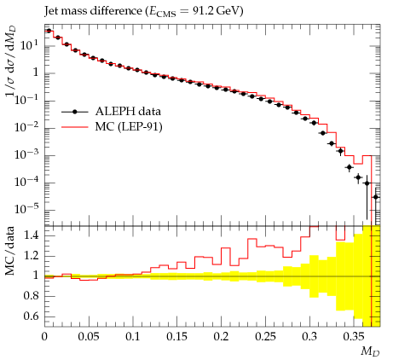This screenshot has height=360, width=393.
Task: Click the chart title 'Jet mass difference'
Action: [93, 11]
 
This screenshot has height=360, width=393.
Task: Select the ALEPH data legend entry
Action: [111, 112]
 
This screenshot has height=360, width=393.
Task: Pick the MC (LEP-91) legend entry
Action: [112, 126]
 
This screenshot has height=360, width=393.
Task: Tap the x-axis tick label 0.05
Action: [89, 337]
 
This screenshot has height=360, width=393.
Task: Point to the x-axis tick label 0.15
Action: [177, 337]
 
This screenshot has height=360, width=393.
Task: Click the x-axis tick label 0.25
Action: [265, 337]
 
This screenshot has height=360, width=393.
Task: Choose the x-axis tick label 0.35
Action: [353, 337]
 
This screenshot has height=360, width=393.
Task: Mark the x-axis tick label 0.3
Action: [309, 337]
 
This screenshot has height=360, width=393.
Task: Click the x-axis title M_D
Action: [370, 351]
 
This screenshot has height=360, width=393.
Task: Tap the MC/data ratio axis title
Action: [9, 251]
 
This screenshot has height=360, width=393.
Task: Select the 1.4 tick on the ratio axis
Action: [31, 235]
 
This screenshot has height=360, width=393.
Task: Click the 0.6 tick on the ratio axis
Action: [31, 316]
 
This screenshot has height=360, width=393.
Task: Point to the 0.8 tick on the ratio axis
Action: [31, 296]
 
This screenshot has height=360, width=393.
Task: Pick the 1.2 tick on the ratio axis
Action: [31, 255]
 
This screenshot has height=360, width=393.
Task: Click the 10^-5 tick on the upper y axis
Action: [26, 209]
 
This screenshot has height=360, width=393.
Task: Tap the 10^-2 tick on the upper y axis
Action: [26, 127]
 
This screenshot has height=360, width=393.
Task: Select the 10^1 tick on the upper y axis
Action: [29, 44]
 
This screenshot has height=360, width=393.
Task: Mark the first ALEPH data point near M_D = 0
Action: [49, 31]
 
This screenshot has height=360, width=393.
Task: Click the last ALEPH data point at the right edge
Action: [376, 197]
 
